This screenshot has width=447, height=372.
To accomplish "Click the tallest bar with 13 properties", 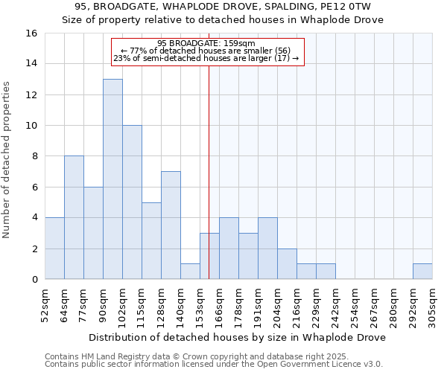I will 112,179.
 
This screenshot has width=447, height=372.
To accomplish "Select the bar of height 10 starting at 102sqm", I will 132,202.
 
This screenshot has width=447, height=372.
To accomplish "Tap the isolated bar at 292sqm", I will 422,272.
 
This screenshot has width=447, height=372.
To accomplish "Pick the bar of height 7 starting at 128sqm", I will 171,225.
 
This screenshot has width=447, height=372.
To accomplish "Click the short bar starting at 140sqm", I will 190,272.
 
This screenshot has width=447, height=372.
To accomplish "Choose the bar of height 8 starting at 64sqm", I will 74,217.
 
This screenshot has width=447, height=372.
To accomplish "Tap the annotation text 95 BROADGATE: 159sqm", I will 207,43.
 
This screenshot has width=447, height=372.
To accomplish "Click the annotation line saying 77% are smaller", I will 207,51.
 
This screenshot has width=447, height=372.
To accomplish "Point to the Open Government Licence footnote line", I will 213,364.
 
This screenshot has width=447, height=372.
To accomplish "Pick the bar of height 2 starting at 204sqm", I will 287,264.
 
